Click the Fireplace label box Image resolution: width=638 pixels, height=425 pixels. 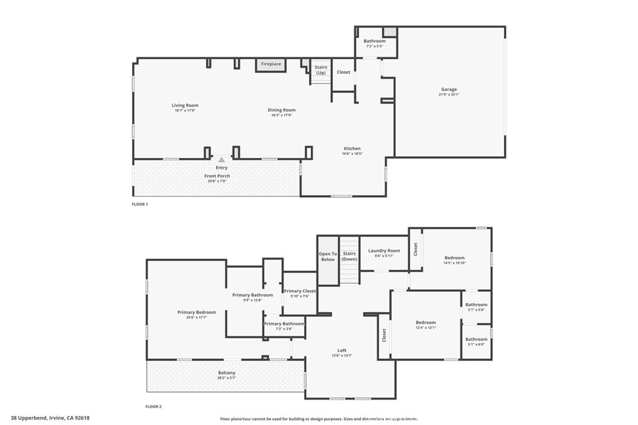(x=271, y=64)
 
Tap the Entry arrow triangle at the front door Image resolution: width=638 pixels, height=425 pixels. (x=221, y=160)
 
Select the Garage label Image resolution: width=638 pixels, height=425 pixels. (x=449, y=90)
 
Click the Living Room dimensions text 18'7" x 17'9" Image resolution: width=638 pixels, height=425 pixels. (x=185, y=111)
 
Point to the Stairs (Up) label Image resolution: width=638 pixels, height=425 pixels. (x=321, y=70)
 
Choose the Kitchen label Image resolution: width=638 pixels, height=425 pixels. (x=352, y=149)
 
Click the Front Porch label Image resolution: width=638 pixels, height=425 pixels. (x=217, y=176)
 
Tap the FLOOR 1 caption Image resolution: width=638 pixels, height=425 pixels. (x=140, y=204)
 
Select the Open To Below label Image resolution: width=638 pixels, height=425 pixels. (x=328, y=256)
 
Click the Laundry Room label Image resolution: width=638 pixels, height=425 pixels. (x=384, y=251)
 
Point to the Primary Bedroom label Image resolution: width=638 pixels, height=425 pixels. (x=196, y=312)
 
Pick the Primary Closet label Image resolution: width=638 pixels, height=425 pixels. (x=300, y=291)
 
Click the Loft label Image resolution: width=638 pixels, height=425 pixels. (x=341, y=350)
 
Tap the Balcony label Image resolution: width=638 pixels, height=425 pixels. (x=226, y=373)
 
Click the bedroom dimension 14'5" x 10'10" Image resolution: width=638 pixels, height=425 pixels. (x=455, y=263)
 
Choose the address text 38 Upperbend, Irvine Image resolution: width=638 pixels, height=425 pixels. (x=50, y=418)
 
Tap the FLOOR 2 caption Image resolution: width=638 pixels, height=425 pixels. (x=153, y=407)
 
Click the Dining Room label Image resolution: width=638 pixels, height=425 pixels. (x=282, y=110)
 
